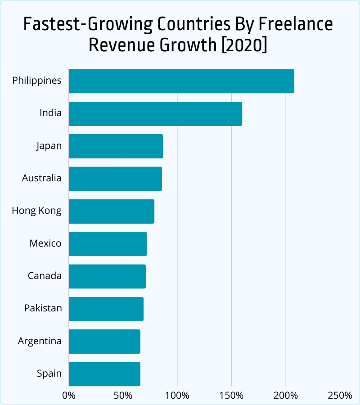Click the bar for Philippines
point(181,81)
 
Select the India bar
point(155,114)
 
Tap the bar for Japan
point(116,146)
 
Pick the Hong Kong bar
point(112,211)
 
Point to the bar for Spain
point(104,374)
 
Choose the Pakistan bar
point(106,309)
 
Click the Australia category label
point(42,178)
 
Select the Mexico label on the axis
point(45,243)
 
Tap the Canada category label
point(45,276)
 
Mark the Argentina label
point(40,341)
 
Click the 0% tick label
point(69,396)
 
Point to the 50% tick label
point(123,396)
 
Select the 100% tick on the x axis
point(177,396)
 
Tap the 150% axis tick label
point(231,396)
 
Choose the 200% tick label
point(286,396)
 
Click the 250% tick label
point(340,396)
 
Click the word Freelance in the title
point(296,24)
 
